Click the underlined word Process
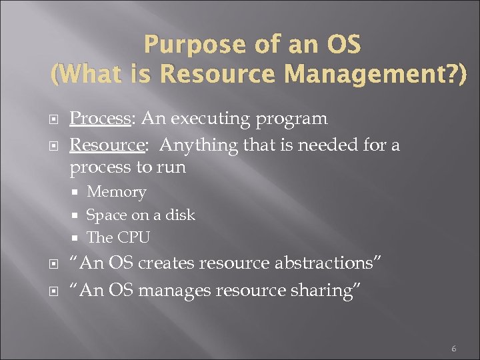coord(100,119)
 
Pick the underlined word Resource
coord(105,144)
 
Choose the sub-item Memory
coord(116,192)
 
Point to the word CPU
coord(133,237)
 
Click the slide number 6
coord(453,349)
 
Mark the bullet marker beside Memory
coord(77,193)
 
